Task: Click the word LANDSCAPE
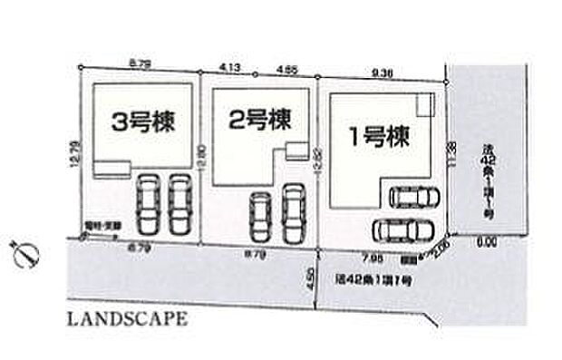126,319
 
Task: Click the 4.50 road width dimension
311,277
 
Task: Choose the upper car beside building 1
412,197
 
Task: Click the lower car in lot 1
399,227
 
